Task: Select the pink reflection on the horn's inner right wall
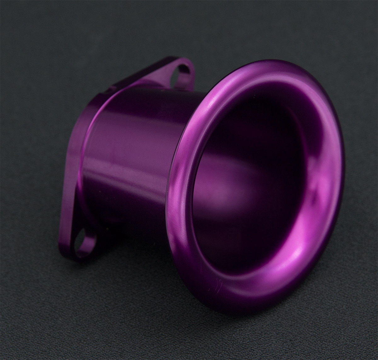[x=312, y=189]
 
